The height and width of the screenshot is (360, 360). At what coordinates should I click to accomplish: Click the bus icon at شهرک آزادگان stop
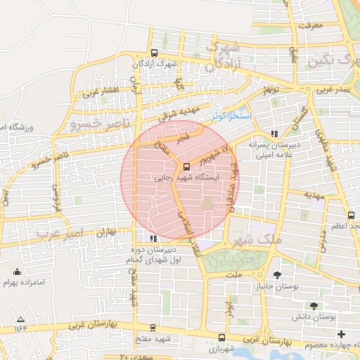(154, 53)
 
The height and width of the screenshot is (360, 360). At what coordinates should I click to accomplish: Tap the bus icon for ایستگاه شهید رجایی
(186, 167)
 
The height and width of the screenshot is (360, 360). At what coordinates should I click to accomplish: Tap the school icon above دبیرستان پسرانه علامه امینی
(274, 134)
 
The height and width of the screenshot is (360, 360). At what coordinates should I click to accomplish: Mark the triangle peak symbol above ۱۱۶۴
(20, 321)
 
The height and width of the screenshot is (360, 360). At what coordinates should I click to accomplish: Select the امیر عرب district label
(60, 232)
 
